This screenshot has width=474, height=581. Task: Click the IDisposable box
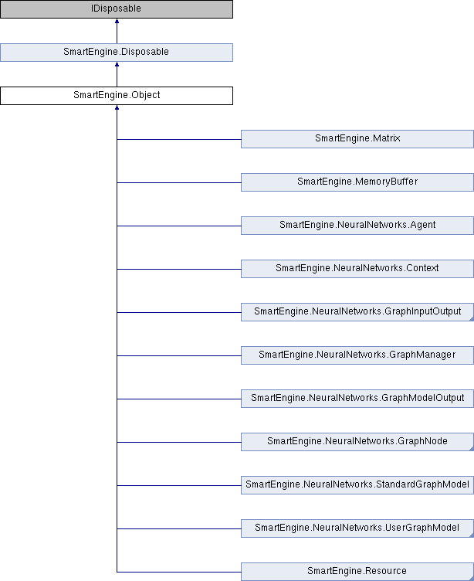117,9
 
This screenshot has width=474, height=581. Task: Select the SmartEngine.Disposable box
117,53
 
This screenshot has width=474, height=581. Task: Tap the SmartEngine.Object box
117,96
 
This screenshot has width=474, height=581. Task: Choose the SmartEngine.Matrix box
357,139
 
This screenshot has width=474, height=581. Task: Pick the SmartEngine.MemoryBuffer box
357,182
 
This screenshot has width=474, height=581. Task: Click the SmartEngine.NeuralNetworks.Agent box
357,226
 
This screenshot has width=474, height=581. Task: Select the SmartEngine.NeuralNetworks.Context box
357,269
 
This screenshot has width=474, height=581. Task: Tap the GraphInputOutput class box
357,312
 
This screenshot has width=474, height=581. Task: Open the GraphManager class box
357,355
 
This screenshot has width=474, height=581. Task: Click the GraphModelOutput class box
357,399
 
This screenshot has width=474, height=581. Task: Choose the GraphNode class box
357,442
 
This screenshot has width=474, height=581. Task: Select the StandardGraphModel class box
357,485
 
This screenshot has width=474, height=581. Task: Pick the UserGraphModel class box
357,528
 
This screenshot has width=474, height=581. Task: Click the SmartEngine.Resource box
357,572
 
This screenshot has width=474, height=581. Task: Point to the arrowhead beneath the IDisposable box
117,21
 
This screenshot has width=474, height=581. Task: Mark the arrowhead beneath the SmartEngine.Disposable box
117,64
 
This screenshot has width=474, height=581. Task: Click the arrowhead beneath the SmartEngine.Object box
117,107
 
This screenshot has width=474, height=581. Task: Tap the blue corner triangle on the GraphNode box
472,449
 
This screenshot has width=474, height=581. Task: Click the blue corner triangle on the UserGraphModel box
472,535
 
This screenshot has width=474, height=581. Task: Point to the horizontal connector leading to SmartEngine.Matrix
179,139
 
